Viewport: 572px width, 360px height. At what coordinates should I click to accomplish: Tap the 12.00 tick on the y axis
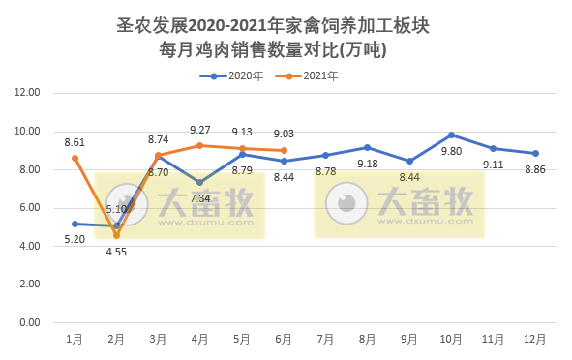[26, 93]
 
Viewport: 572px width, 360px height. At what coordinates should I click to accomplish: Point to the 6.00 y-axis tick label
[26, 208]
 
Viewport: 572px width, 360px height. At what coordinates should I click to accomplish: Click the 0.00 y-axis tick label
[26, 323]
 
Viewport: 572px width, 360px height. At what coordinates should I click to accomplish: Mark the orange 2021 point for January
[75, 158]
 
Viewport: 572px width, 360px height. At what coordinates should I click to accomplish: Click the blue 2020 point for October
[451, 135]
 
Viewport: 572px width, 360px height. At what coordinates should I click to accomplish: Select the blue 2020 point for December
[535, 153]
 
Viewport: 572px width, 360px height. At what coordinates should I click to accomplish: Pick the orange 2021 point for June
[284, 150]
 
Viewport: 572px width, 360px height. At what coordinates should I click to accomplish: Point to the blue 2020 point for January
[75, 224]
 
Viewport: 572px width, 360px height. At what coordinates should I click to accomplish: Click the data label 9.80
[451, 151]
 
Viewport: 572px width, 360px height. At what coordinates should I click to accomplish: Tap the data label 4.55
[116, 252]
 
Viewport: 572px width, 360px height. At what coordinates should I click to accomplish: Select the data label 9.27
[200, 130]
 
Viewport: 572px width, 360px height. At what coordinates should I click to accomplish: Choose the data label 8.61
[75, 142]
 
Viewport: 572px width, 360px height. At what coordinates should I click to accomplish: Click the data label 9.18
[368, 164]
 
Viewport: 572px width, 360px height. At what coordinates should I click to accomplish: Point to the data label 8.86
[535, 169]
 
